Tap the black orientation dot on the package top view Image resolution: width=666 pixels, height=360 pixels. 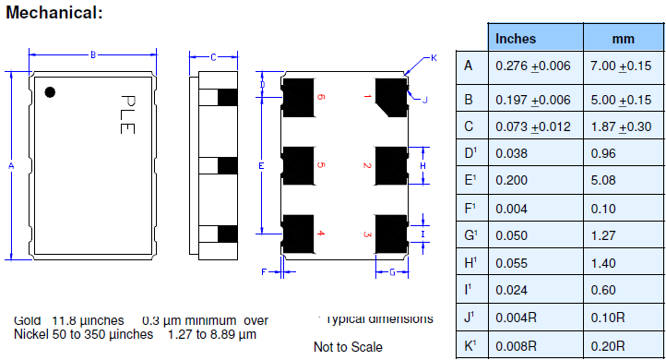pos(52,91)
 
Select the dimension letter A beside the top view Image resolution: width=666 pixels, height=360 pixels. pos(11,166)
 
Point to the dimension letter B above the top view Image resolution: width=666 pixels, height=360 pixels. pos(93,55)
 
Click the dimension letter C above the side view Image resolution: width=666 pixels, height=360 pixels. pos(213,57)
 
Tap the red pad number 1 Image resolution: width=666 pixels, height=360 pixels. pos(367,96)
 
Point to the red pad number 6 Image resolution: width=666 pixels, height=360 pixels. pos(321,96)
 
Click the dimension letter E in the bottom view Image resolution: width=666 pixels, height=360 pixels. pos(262,165)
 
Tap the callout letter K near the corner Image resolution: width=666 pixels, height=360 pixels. pos(434,59)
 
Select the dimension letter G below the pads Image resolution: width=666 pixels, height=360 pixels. pos(392,272)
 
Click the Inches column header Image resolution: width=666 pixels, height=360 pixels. pos(516,39)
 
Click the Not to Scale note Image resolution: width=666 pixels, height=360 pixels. pos(348,347)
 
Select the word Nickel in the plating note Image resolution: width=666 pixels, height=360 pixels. pos(32,333)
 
